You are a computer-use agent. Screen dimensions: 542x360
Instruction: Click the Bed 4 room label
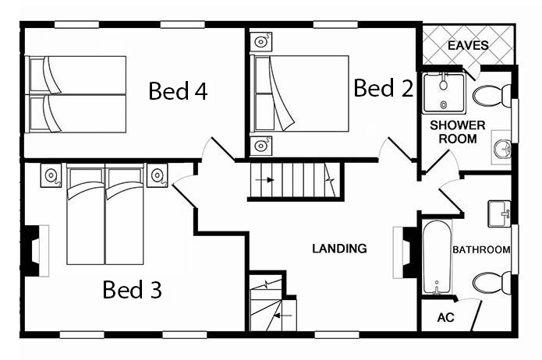click(x=178, y=90)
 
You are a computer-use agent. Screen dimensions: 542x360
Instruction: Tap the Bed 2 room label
click(x=384, y=87)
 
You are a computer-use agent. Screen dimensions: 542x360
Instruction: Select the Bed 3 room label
click(x=132, y=289)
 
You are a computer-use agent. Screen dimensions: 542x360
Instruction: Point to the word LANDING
click(x=339, y=249)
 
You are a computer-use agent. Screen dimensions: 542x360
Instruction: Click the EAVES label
click(x=468, y=45)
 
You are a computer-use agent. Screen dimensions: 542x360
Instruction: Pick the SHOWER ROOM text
click(x=458, y=132)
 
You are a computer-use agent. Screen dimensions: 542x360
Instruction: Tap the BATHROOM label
click(x=481, y=249)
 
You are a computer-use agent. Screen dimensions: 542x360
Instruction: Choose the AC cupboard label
click(x=445, y=317)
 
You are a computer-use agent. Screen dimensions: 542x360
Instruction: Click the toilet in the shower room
click(x=491, y=96)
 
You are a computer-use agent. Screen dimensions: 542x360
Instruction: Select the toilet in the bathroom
click(x=491, y=284)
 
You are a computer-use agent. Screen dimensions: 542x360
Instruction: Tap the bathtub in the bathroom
click(x=437, y=258)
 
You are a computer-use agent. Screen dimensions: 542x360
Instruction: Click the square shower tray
click(x=445, y=93)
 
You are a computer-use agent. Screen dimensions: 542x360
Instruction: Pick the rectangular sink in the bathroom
click(x=499, y=214)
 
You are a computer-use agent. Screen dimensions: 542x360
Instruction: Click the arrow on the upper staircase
click(x=264, y=180)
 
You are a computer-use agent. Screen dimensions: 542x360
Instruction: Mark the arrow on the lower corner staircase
click(x=283, y=315)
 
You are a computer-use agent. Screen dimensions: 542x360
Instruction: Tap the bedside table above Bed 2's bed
click(x=260, y=42)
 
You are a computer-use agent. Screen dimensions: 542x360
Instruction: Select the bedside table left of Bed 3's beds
click(x=51, y=175)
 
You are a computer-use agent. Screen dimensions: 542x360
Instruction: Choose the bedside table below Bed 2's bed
click(x=260, y=146)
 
